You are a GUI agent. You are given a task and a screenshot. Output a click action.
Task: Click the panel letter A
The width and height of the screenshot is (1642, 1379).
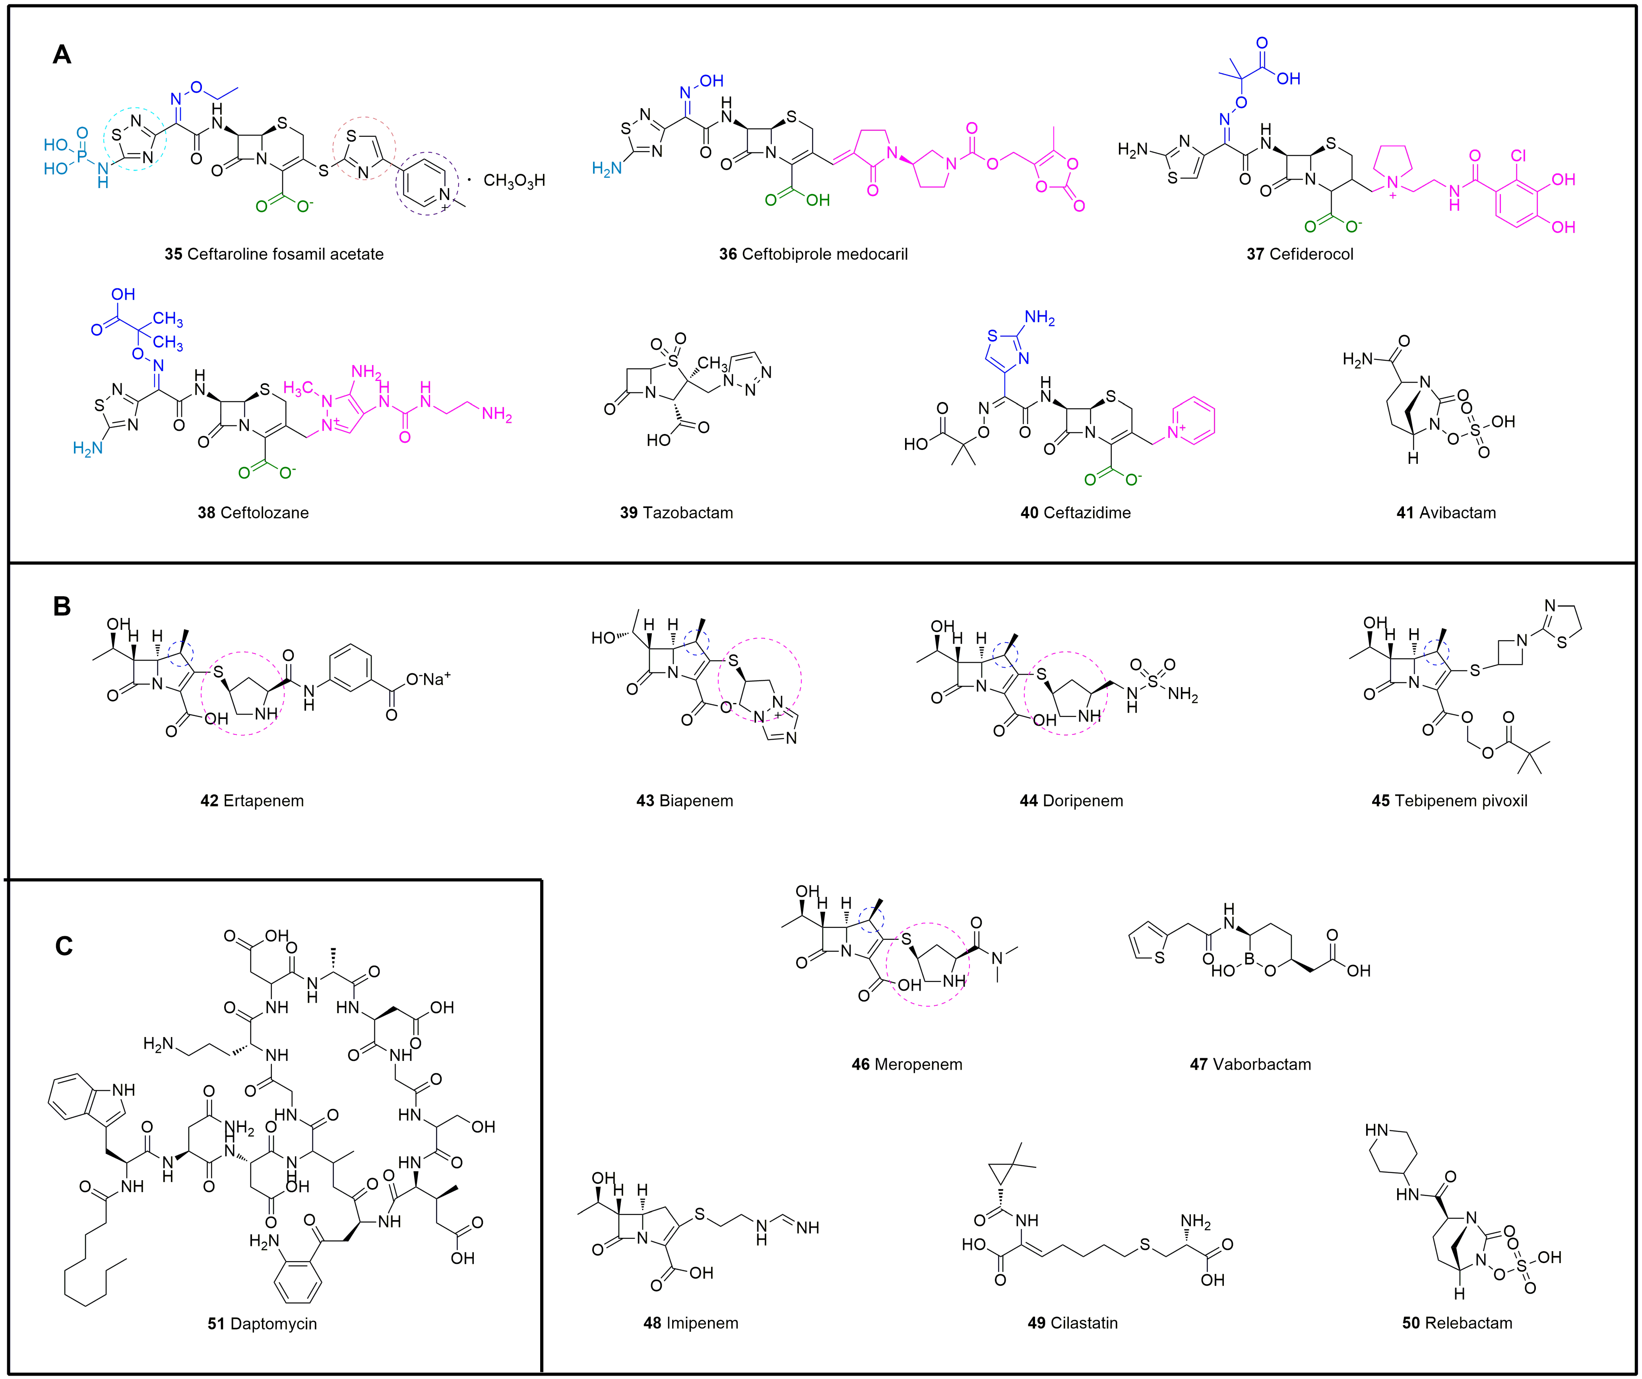coord(62,55)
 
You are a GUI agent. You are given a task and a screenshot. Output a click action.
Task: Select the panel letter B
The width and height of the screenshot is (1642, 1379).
coord(62,606)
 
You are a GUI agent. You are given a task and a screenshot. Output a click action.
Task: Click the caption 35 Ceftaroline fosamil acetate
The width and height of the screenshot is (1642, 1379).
coord(274,254)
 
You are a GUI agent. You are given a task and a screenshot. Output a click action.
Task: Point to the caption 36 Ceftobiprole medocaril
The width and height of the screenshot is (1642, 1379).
coord(813,254)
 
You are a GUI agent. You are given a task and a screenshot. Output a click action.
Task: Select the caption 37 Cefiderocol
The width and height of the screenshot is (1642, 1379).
coord(1300,254)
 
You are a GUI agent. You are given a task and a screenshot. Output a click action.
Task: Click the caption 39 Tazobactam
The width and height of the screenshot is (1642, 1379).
coord(676,513)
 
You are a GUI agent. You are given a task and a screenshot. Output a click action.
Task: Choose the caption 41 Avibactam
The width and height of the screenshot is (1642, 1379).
coord(1446,513)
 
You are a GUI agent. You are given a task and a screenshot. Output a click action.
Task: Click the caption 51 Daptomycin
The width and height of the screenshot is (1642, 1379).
coord(262,1324)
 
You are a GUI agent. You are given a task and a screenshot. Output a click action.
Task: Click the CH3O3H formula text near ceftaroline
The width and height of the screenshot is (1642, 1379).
coord(514,181)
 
